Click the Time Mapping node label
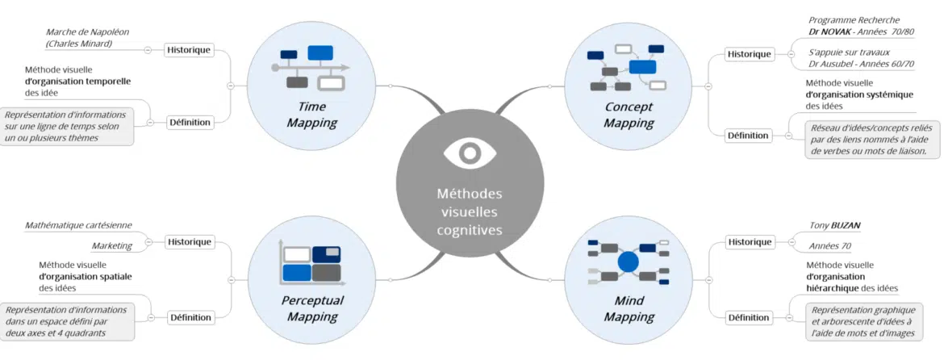(312, 115)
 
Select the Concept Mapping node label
(629, 115)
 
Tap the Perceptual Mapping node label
(312, 308)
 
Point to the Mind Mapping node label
(629, 308)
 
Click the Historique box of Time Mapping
(189, 49)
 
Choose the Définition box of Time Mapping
(190, 123)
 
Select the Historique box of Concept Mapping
(749, 54)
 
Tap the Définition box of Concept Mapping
(749, 135)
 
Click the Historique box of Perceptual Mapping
(190, 241)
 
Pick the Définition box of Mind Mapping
(749, 317)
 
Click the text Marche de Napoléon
(87, 32)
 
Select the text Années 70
(830, 246)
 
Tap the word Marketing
(111, 245)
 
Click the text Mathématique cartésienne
(78, 225)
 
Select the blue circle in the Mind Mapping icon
(628, 262)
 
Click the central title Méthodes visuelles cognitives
(469, 211)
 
